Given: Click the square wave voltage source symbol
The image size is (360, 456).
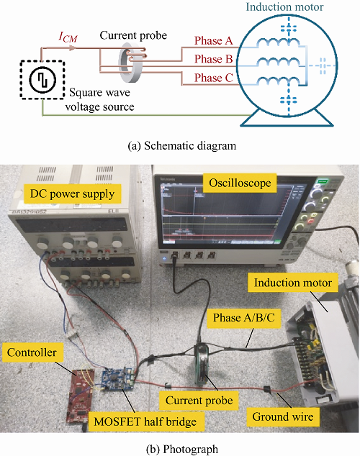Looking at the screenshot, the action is (42, 80).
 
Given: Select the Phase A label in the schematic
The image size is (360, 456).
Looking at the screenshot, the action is (214, 40).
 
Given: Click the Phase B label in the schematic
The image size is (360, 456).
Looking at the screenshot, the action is (214, 59).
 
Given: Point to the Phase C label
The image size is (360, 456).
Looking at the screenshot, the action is (214, 78).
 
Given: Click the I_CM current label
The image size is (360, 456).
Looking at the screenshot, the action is (68, 37).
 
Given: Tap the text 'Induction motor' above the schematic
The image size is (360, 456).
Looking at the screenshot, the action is (284, 6).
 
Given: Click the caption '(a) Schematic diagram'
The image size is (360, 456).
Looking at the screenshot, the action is (182, 145).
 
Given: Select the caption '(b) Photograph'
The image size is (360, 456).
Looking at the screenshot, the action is (182, 449).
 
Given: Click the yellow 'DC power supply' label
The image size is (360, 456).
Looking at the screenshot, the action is (72, 194).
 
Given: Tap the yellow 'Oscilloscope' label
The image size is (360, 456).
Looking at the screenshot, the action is (240, 183).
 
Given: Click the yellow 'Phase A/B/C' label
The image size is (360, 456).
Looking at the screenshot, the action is (244, 318).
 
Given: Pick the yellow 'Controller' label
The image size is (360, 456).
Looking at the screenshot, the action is (32, 352).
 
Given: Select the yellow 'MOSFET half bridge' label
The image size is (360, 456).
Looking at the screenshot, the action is (145, 421).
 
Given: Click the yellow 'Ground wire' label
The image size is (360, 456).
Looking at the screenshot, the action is (283, 416).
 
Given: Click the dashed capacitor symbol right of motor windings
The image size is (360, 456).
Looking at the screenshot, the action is (323, 65).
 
